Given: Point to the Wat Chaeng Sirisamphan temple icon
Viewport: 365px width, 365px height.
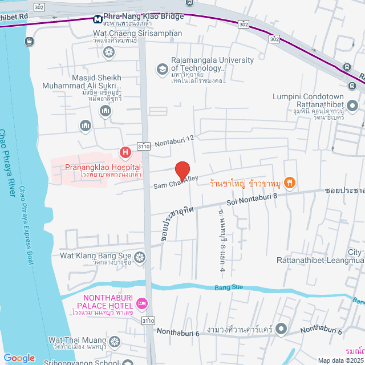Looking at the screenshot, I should point(108,52).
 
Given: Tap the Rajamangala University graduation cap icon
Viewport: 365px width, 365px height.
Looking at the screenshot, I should point(162,70).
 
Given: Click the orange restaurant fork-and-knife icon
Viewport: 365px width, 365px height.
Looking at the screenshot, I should point(290,182).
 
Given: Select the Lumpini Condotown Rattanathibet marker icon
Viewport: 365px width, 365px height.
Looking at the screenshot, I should point(352,106).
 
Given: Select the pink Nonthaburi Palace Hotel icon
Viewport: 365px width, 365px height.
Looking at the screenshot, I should point(142,302).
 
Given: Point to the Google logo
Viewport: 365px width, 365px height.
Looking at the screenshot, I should point(19,358).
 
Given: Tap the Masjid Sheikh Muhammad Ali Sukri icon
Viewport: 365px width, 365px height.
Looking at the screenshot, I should point(105,111).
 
